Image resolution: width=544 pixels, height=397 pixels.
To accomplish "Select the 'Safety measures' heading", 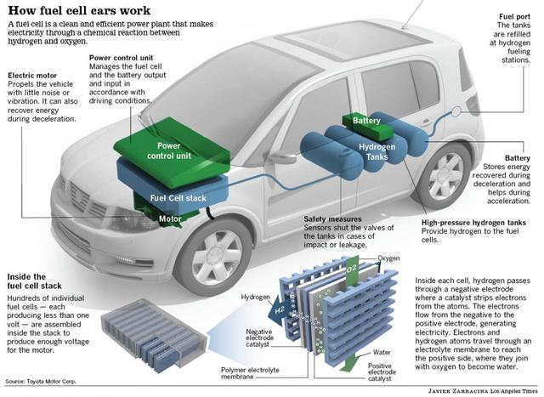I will click(335, 218).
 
